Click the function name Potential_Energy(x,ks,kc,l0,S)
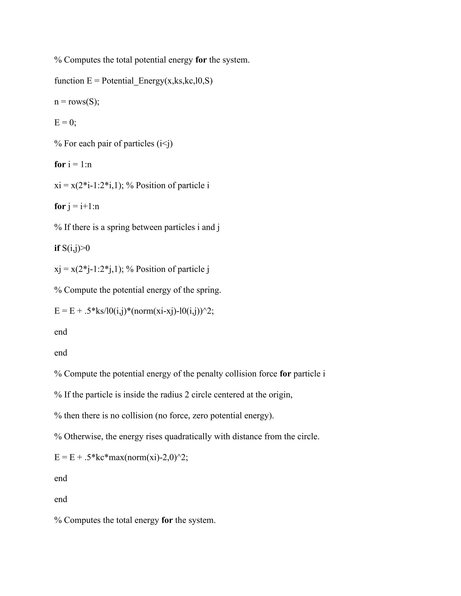click(x=157, y=81)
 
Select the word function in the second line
click(x=69, y=81)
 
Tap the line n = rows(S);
click(x=77, y=102)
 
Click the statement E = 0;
click(x=65, y=123)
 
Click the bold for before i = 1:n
click(x=60, y=165)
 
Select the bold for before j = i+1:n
click(x=60, y=206)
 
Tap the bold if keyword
click(x=57, y=248)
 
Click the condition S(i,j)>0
click(x=76, y=248)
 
